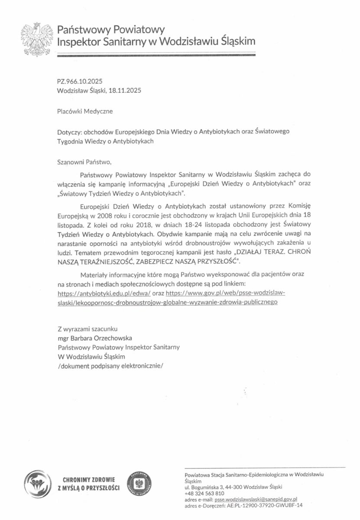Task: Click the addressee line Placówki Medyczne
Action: pyautogui.click(x=85, y=111)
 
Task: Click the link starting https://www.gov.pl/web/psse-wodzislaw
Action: pyautogui.click(x=225, y=293)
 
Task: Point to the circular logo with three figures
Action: pyautogui.click(x=37, y=484)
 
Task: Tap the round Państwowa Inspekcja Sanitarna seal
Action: pyautogui.click(x=139, y=484)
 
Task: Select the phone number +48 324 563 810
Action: pyautogui.click(x=204, y=493)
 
